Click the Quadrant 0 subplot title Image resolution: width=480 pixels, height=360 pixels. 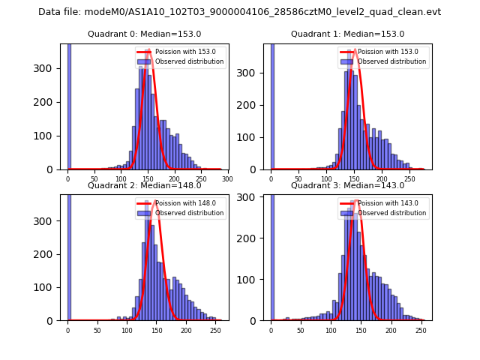pyautogui.click(x=144, y=34)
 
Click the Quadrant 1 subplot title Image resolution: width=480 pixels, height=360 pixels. pyautogui.click(x=347, y=34)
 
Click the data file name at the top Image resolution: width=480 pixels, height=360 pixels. pyautogui.click(x=240, y=12)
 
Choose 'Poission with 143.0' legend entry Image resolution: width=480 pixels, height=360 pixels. pyautogui.click(x=388, y=202)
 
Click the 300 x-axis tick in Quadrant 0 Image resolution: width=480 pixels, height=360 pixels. pyautogui.click(x=227, y=179)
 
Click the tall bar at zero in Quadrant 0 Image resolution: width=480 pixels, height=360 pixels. pyautogui.click(x=68, y=105)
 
